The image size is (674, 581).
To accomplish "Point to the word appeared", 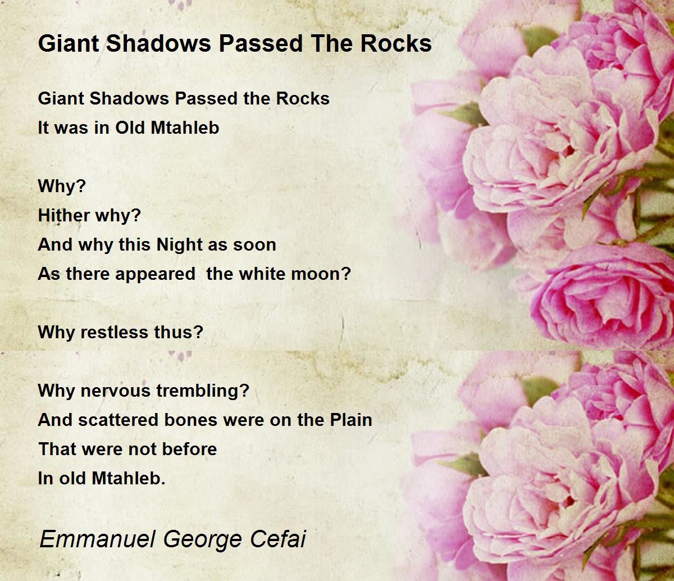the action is click(155, 275).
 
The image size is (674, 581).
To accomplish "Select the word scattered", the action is click(118, 420).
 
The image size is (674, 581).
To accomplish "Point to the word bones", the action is click(191, 420).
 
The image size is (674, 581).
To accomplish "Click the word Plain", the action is click(351, 420).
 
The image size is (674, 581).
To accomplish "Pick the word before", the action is click(189, 449).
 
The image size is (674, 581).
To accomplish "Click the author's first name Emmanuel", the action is click(97, 539).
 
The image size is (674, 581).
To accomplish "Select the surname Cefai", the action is click(278, 539).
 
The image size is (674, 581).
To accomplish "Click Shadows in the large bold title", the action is click(158, 43).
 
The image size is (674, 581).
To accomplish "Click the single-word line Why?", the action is click(62, 187).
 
